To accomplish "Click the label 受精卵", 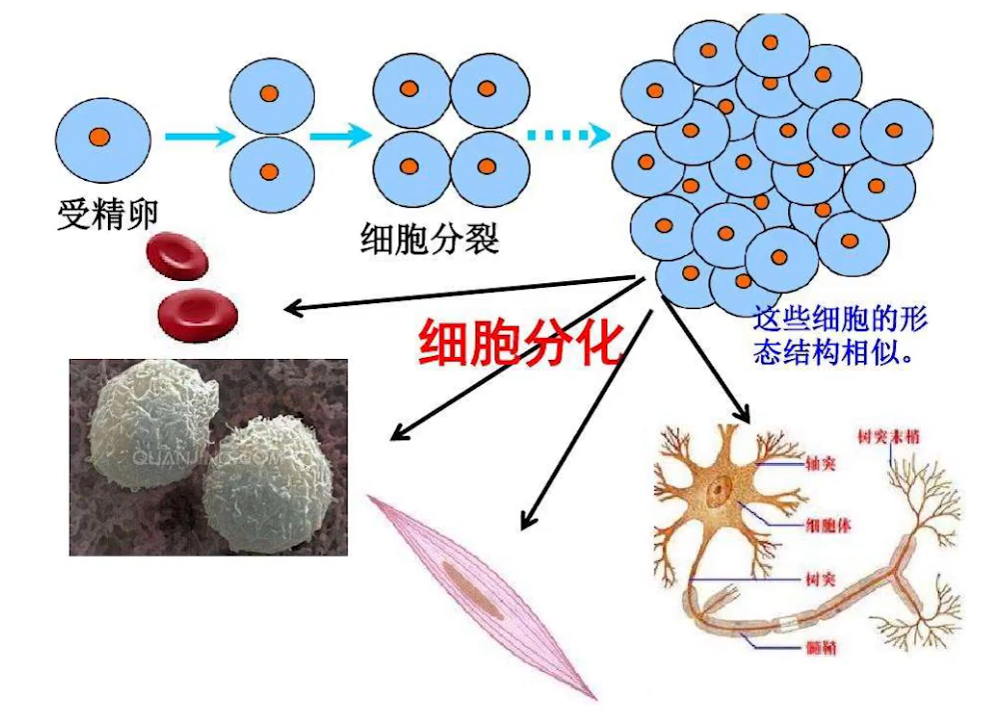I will pyautogui.click(x=108, y=214).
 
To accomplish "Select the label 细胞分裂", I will pyautogui.click(x=429, y=239).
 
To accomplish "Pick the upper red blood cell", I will pyautogui.click(x=178, y=254).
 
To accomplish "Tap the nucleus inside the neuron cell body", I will pyautogui.click(x=719, y=492).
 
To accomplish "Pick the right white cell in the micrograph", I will pyautogui.click(x=266, y=485).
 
